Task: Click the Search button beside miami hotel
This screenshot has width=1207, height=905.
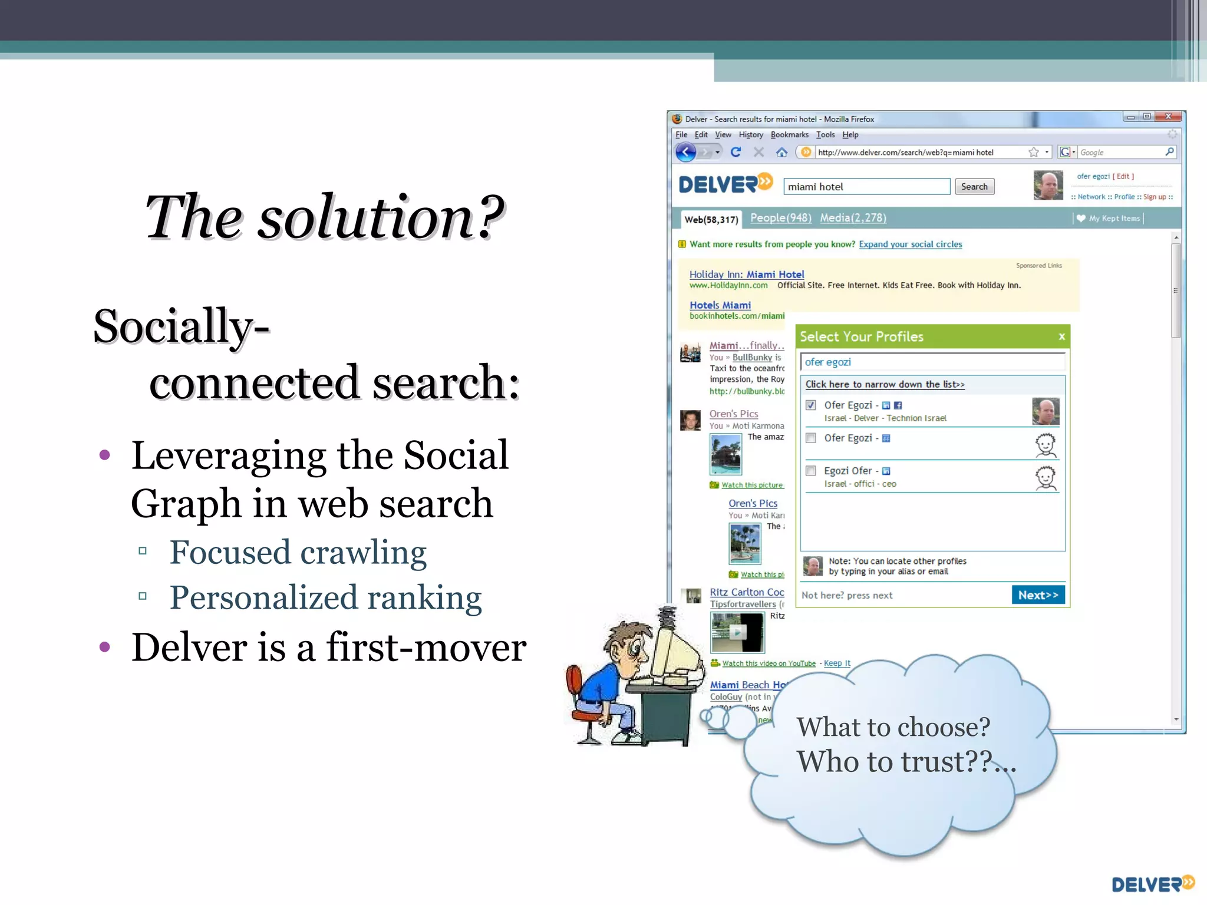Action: tap(974, 187)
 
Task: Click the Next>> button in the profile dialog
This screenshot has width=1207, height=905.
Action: tap(1038, 595)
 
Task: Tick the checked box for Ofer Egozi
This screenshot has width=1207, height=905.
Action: tap(811, 405)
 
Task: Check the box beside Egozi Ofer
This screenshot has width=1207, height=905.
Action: tap(811, 471)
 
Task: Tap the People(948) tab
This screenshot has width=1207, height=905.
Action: tap(780, 218)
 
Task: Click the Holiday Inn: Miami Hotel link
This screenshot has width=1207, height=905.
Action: tap(746, 275)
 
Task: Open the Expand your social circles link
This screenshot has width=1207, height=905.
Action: tap(910, 245)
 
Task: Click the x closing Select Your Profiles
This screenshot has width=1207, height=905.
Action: tap(1061, 337)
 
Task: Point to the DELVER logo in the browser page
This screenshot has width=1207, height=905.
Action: tap(725, 184)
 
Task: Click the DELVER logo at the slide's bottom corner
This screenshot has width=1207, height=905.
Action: tap(1152, 884)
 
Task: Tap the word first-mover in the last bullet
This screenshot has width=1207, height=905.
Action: tap(426, 648)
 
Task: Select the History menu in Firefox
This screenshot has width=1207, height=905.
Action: tap(750, 135)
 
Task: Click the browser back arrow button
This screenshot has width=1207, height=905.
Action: tap(685, 153)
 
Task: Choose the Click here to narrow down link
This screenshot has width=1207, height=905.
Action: tap(885, 385)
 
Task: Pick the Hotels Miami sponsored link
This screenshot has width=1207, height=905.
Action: tap(720, 305)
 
